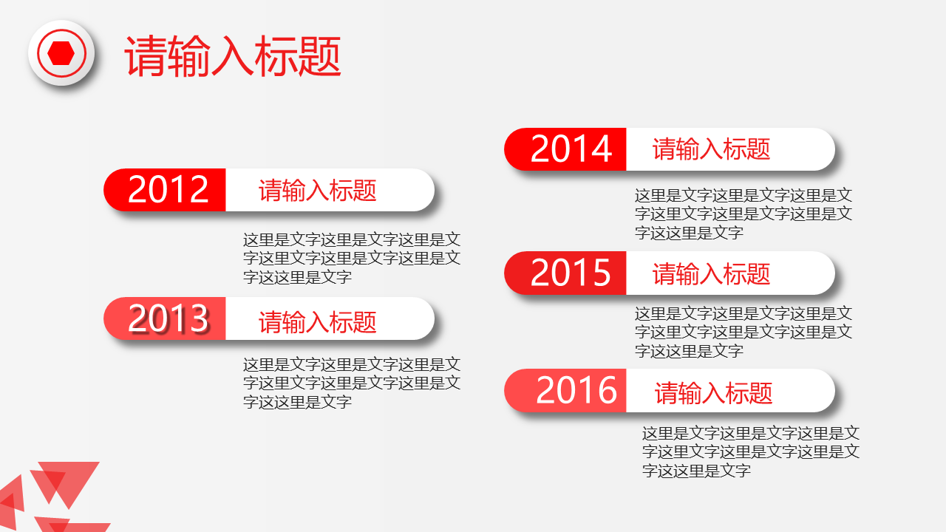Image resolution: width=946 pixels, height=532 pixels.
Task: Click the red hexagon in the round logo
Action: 61,53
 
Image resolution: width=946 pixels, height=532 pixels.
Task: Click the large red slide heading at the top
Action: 233,56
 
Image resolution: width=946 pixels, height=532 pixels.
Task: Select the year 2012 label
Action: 168,189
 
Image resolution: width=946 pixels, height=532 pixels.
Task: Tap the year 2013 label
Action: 168,318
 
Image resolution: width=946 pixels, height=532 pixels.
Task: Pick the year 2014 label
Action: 571,149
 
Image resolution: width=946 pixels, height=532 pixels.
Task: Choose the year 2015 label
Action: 571,273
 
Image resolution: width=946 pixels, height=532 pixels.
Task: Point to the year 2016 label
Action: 576,390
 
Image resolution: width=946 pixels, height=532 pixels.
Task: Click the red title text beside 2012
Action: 318,191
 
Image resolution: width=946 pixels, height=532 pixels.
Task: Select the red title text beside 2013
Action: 318,322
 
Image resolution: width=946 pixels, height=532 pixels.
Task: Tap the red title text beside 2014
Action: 712,149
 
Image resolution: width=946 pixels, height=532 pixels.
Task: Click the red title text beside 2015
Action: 712,273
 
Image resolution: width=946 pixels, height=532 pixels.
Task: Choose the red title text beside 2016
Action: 714,393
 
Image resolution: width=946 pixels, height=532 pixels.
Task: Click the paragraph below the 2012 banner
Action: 352,259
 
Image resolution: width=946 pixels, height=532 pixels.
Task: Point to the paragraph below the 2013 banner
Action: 352,383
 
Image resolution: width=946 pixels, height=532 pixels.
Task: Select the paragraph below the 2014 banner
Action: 743,214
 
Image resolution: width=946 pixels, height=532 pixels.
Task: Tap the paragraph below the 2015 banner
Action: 743,332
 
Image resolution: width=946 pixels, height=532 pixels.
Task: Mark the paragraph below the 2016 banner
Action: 751,451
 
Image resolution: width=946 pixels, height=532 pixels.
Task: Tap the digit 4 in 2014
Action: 602,149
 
